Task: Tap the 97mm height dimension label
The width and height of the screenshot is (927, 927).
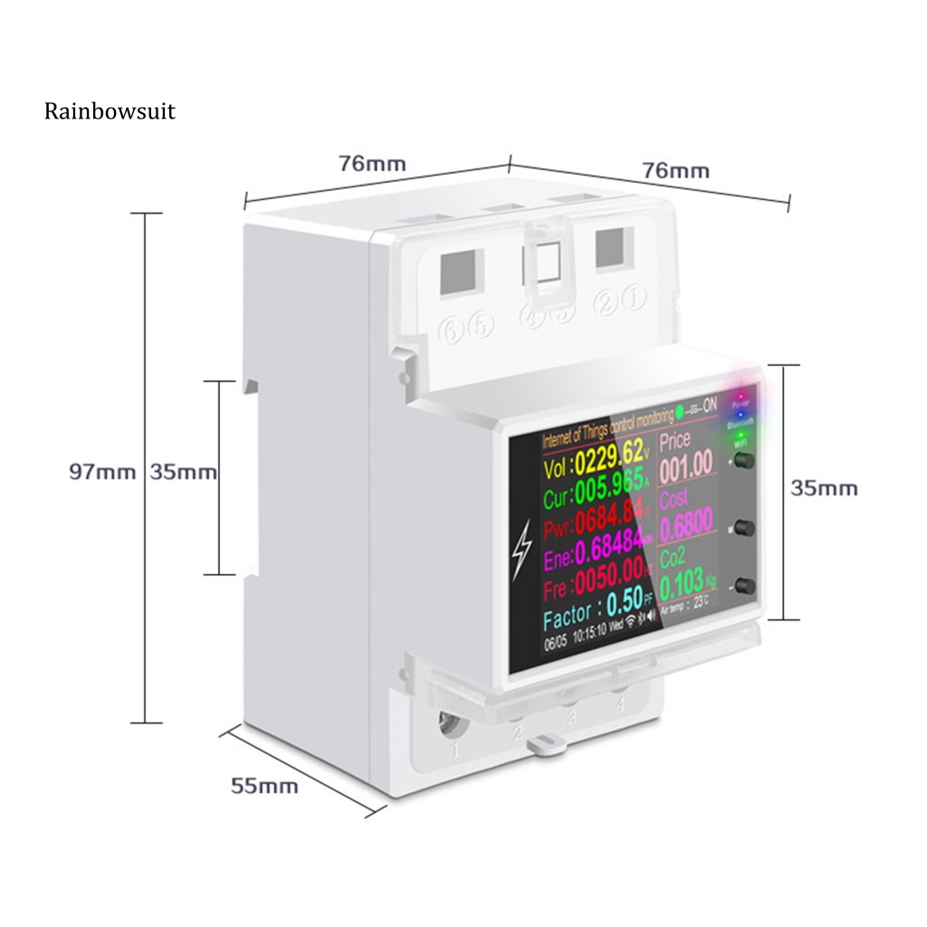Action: (102, 472)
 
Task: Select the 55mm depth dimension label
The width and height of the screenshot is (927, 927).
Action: (264, 786)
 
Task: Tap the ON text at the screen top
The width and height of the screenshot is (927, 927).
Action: (709, 405)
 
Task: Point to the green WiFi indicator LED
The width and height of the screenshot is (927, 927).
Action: (741, 435)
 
